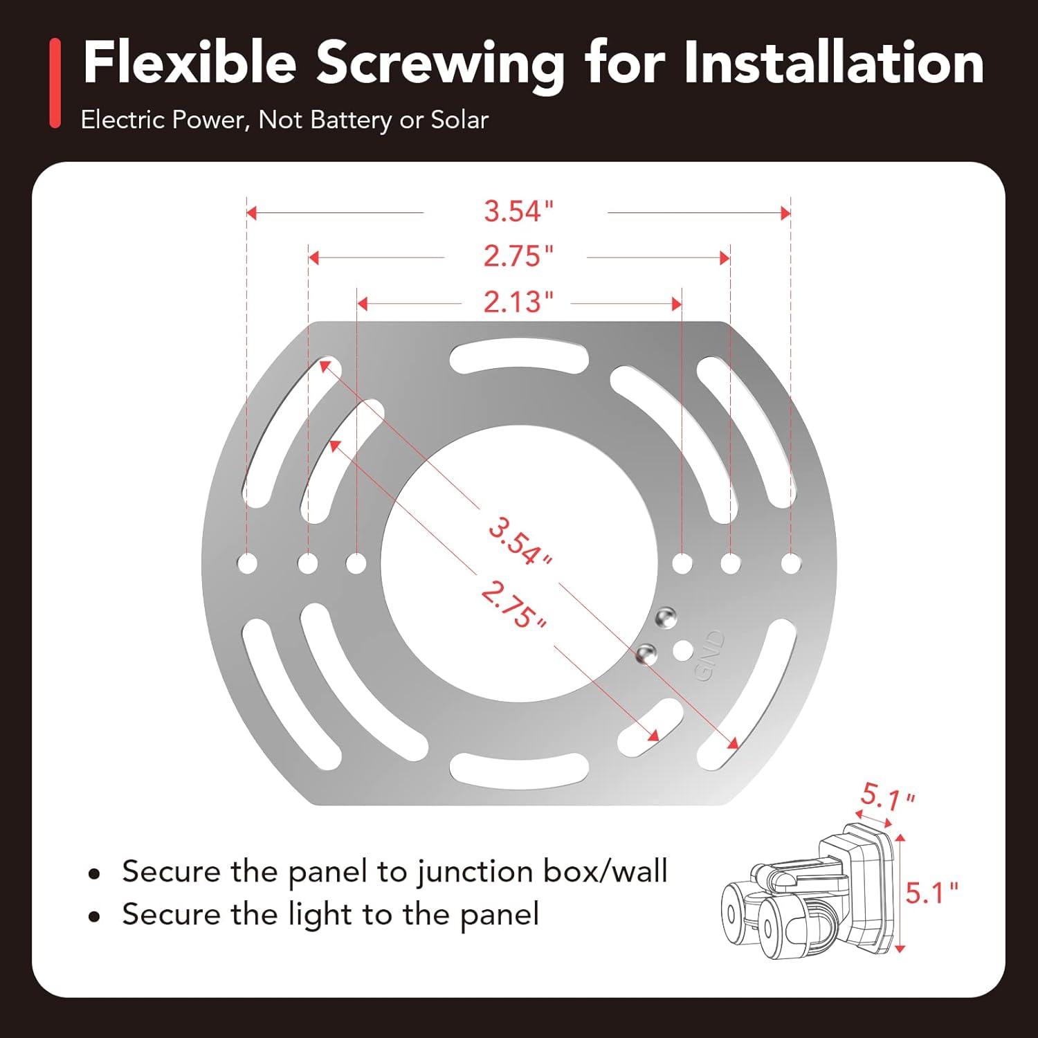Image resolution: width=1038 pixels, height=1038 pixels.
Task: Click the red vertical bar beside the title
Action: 55,83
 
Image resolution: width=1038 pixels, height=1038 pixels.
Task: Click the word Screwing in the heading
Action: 440,64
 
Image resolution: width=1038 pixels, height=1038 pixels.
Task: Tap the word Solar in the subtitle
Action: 459,120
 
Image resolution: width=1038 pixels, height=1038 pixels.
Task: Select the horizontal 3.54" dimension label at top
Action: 518,211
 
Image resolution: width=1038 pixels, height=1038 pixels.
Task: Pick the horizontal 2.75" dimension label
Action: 518,257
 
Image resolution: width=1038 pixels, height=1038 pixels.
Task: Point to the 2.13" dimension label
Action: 518,302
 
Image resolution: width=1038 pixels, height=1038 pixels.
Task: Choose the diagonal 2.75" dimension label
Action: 513,604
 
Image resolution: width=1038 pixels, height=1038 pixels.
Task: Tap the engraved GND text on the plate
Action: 710,655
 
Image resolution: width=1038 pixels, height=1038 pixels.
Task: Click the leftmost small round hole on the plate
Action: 247,563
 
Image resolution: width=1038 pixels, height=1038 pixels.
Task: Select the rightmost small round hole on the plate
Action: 790,563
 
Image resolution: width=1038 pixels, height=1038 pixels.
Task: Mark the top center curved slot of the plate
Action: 519,356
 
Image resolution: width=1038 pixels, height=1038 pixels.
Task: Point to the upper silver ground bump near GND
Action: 666,617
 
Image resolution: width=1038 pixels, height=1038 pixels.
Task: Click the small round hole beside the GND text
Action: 683,650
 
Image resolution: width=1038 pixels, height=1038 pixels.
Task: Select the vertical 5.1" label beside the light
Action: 931,893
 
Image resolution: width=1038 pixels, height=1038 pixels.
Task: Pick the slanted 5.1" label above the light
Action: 887,797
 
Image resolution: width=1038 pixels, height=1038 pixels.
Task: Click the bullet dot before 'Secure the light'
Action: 95,917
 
